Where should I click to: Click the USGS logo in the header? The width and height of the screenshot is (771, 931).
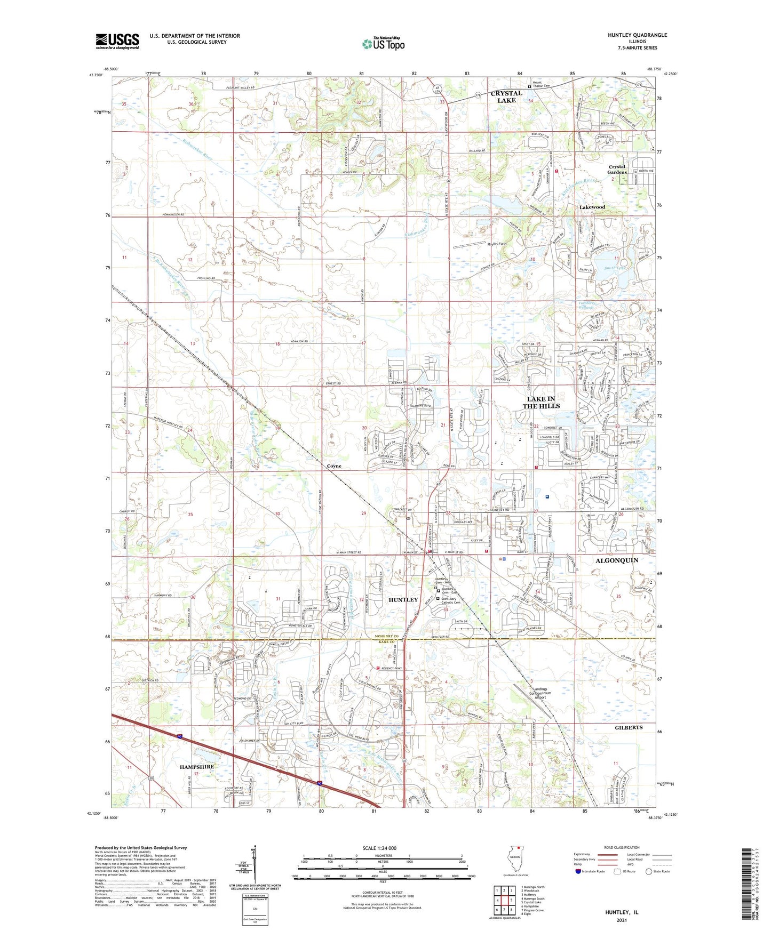117,41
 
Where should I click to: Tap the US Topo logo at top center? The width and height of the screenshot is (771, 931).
383,44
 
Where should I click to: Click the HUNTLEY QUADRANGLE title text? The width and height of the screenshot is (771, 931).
637,35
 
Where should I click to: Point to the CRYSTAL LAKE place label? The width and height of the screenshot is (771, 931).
506,97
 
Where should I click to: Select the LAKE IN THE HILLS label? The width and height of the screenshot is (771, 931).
541,402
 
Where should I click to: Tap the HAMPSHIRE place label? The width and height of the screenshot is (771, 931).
197,767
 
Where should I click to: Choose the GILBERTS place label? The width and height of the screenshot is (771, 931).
628,727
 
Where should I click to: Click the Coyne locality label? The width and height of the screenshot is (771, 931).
334,466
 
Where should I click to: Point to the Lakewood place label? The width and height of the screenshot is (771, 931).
592,207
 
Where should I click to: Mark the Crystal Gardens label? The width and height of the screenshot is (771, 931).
617,170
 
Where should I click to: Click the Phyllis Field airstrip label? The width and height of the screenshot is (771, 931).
497,244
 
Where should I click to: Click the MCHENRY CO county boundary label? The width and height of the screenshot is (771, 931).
385,637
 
